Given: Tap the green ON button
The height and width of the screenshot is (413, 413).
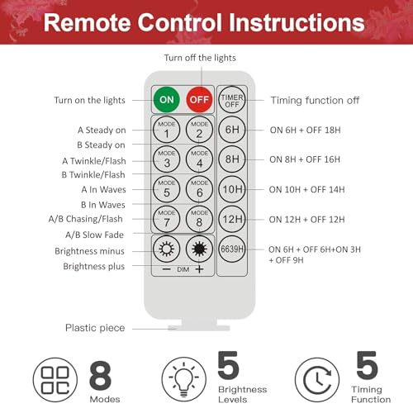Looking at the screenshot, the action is pos(166,99).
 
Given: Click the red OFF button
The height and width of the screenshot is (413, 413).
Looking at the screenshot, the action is pos(199,99).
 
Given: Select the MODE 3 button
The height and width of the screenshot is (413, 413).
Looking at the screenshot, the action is pos(166,159).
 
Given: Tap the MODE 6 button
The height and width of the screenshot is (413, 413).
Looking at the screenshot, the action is pos(199,189).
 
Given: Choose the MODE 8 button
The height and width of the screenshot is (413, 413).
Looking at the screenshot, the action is pos(199,219).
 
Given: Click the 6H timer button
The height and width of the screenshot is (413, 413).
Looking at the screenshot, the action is pos(232,130).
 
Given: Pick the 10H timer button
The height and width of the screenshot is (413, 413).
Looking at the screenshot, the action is pos(232,189).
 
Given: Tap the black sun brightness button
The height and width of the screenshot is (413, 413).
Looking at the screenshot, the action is pos(199,249).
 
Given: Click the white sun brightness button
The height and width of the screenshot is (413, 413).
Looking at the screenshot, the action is pos(166,249).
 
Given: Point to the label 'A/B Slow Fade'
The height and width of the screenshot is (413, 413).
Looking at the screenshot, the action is pos(94,235).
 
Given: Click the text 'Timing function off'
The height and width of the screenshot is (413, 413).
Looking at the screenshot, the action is pos(315,101).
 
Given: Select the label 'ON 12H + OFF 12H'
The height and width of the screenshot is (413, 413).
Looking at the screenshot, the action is pos(306,220).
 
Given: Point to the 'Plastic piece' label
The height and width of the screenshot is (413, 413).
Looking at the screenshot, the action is pos(95,328).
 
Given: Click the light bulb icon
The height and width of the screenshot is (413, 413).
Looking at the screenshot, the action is pos(184,379).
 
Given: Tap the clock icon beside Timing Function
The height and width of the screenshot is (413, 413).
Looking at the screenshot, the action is pos(317,380).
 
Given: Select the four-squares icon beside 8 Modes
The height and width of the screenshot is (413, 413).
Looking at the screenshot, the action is pos(55,380).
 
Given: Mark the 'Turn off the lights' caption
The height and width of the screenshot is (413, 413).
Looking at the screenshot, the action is pos(200,58).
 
